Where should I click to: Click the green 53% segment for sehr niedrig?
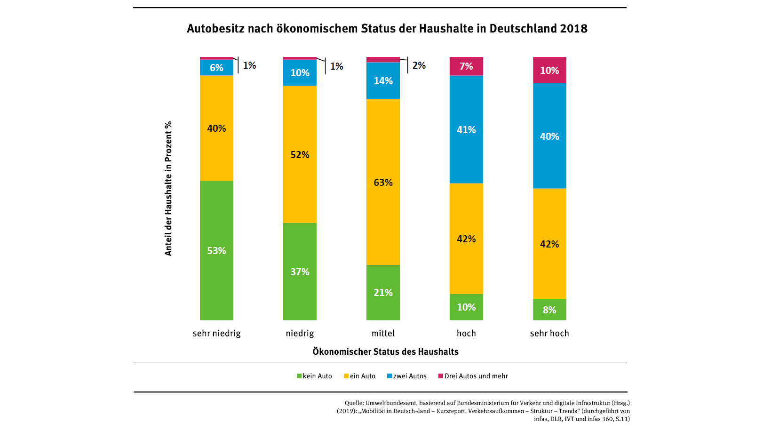(216, 250)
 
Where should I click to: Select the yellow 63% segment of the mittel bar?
(383, 182)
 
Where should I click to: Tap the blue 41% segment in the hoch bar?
(466, 129)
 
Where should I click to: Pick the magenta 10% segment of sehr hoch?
(549, 70)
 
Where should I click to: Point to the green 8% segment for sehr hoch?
(549, 310)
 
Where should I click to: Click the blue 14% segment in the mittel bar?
(383, 80)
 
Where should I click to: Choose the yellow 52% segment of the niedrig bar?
(300, 154)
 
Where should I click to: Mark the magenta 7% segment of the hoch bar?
(466, 66)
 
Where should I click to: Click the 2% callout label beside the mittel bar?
(419, 65)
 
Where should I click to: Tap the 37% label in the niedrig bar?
(300, 272)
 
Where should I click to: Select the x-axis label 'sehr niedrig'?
(216, 333)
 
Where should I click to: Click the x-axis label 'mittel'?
(383, 333)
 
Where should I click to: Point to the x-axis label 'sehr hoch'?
(549, 333)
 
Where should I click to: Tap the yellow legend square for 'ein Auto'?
(346, 376)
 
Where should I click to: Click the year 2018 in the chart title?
(573, 29)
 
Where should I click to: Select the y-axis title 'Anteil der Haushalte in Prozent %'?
(168, 189)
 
